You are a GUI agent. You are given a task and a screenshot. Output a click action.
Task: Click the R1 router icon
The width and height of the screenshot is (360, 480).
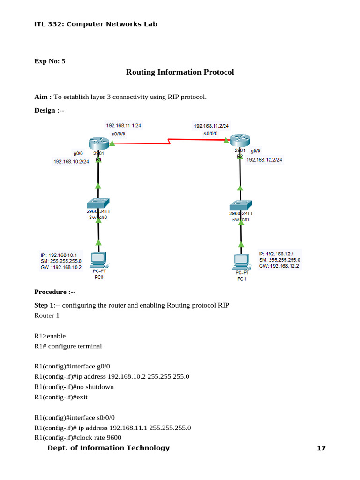(98, 143)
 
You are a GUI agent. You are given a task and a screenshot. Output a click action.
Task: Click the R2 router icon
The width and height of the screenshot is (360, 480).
(240, 140)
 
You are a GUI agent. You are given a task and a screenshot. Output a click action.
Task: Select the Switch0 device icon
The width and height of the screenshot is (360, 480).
(98, 203)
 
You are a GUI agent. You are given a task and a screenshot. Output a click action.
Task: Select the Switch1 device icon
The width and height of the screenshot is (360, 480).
(240, 205)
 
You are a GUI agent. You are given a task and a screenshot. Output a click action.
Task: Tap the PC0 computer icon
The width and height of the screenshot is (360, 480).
(98, 259)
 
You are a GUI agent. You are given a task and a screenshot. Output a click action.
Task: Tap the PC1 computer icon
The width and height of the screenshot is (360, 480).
(241, 262)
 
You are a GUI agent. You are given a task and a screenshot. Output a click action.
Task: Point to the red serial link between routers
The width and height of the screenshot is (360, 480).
(169, 141)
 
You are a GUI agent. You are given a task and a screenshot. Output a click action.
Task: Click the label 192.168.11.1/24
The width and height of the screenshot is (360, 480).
(124, 126)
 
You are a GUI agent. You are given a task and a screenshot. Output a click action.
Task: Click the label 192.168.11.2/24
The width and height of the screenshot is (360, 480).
(211, 126)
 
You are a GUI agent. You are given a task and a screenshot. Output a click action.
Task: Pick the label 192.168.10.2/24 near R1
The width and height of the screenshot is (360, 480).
(72, 162)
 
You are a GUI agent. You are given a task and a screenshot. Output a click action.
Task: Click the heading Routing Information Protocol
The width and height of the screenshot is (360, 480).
(180, 72)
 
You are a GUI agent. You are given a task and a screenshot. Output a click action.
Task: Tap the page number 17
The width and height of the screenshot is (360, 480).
(321, 449)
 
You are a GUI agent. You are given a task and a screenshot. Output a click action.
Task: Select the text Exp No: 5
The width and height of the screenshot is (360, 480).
(50, 61)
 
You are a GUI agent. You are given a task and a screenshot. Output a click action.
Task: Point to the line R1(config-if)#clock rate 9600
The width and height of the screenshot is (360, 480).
(78, 438)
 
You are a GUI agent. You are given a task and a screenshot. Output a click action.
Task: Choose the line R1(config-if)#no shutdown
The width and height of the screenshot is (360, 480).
(74, 387)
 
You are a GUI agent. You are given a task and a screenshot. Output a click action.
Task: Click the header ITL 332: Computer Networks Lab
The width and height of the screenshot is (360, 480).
(96, 24)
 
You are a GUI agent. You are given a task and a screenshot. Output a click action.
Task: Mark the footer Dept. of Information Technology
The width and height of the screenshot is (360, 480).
(109, 448)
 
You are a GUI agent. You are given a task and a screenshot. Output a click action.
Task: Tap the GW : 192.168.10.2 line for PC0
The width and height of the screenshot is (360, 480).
(61, 267)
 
